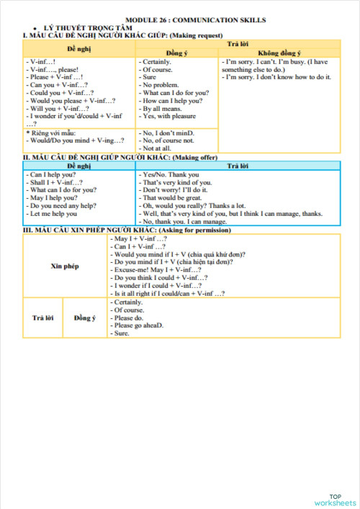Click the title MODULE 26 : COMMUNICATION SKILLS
click(195, 20)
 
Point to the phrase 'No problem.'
click(158, 85)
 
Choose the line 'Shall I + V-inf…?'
click(54, 182)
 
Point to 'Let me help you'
click(52, 214)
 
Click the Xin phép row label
click(65, 265)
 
